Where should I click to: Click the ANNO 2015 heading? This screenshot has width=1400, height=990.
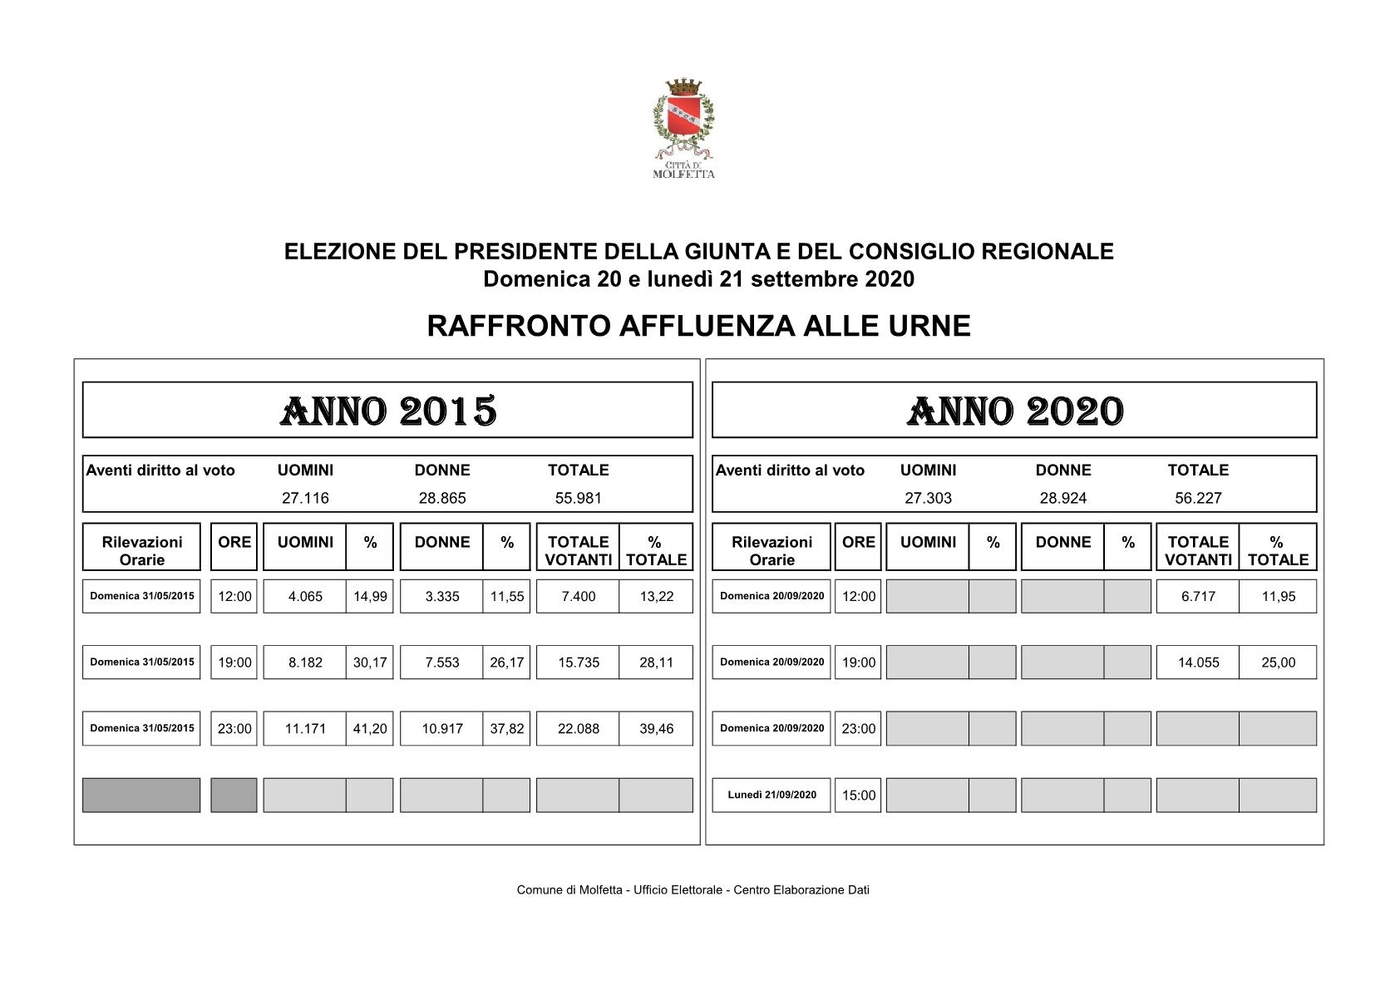tap(388, 411)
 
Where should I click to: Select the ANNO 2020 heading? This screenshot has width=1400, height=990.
tap(1014, 411)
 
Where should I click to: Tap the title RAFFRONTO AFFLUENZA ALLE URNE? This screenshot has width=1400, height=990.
tap(698, 326)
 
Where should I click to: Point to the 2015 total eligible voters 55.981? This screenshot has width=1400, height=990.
tap(578, 498)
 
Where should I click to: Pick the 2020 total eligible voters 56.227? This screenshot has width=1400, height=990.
tap(1197, 498)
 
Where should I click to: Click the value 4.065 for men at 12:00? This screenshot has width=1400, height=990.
tap(305, 597)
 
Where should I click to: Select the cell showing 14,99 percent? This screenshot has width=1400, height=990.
tap(370, 597)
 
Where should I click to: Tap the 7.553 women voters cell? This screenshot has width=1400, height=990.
tap(442, 662)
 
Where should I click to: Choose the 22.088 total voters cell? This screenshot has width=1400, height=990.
tap(579, 729)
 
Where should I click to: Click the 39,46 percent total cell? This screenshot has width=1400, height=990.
tap(656, 729)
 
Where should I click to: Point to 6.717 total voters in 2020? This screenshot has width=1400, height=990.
tap(1198, 597)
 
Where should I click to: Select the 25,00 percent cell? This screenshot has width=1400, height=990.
tap(1278, 662)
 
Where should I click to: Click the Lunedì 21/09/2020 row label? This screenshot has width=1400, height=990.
tap(771, 795)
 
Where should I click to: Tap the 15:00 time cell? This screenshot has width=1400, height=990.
tap(858, 795)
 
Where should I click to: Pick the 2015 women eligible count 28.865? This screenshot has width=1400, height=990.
tap(442, 498)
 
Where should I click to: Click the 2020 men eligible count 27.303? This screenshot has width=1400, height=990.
tap(928, 498)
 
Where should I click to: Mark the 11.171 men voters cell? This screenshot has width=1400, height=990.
tap(305, 729)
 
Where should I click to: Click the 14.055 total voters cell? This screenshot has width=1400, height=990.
tap(1198, 662)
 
